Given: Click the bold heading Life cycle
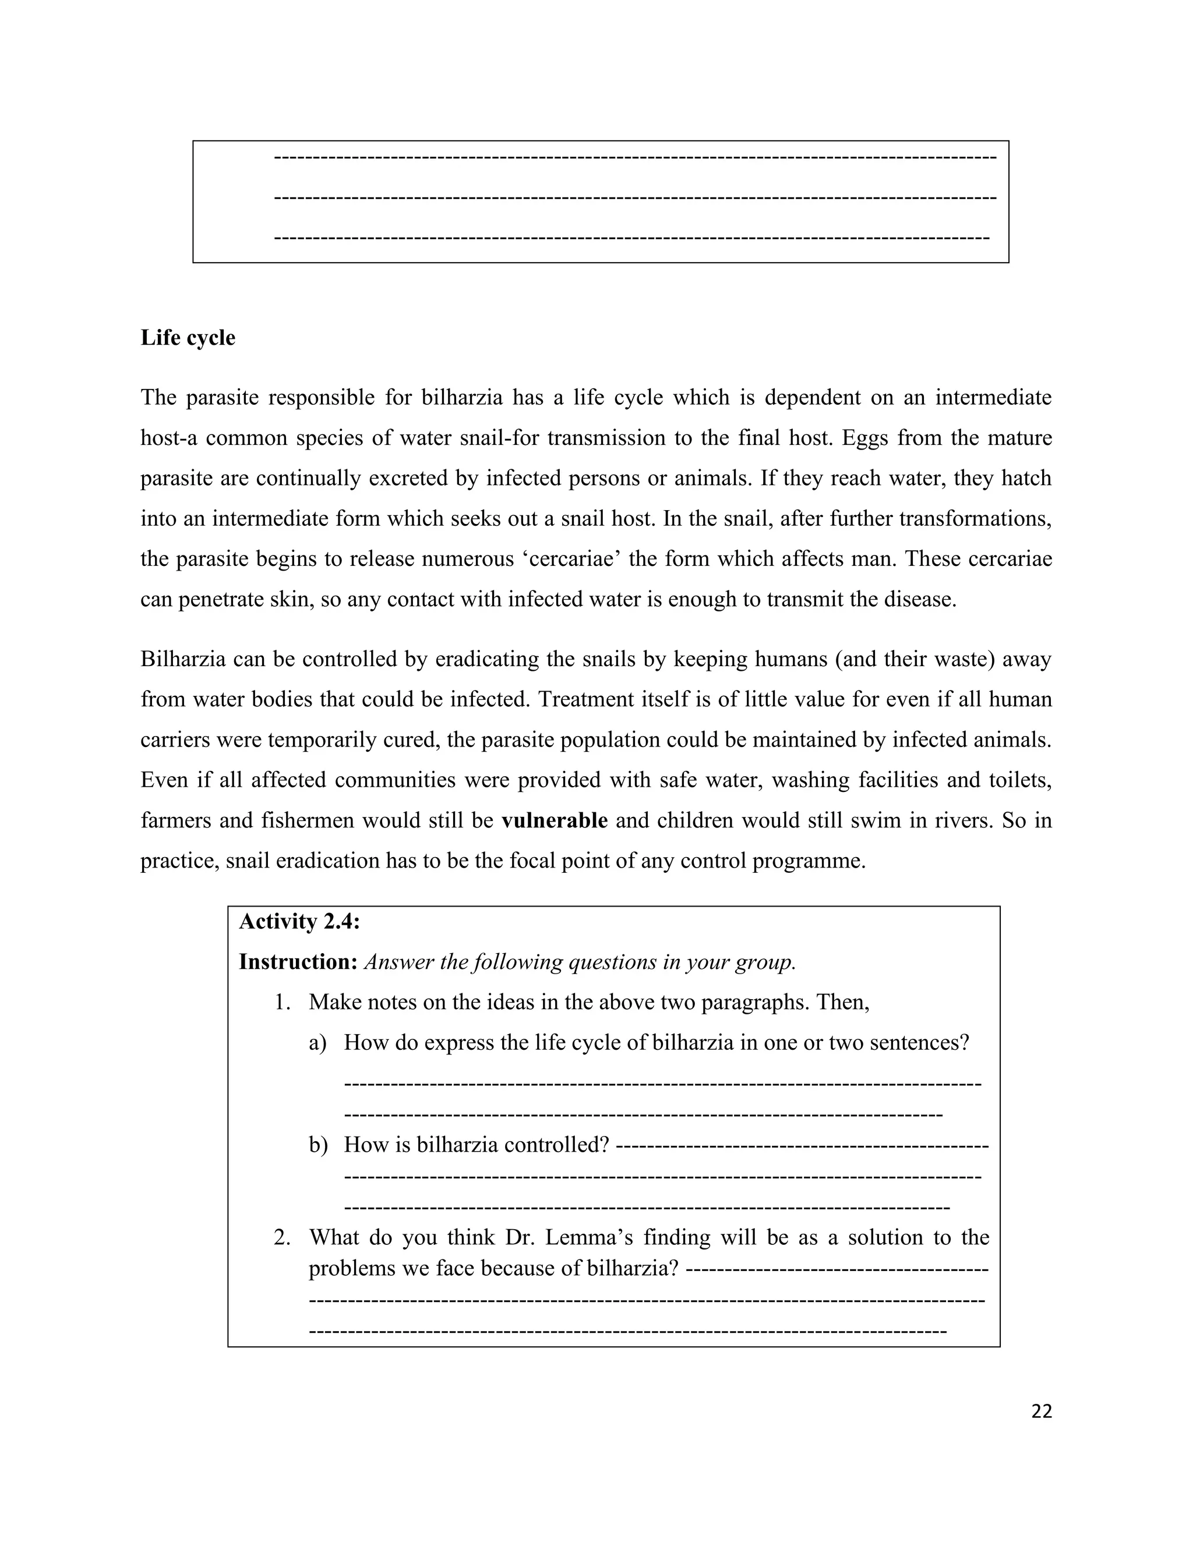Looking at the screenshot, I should point(188,338).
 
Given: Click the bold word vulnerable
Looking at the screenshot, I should point(554,820).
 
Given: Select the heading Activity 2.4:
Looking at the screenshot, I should point(299,921).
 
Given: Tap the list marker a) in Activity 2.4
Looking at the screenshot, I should point(317,1043).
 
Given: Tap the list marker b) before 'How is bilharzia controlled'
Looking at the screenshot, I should point(317,1145).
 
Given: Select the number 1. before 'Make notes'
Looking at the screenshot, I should point(283,1002).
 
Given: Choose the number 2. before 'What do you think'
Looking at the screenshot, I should point(282,1237).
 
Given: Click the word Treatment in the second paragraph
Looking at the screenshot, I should point(586,699).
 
